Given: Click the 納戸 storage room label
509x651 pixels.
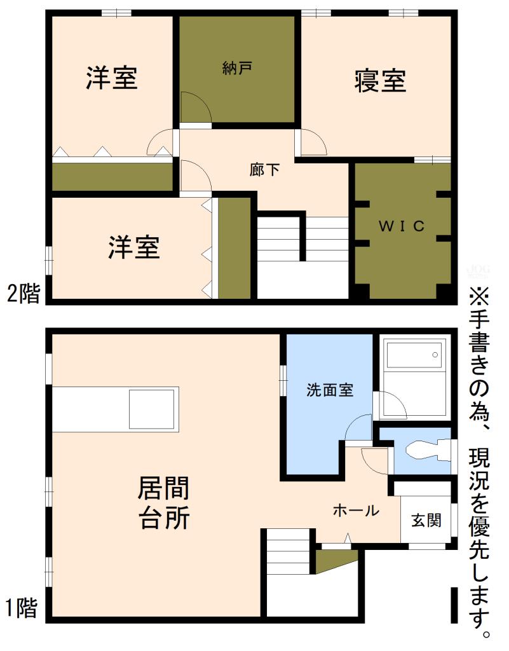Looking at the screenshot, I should click(x=236, y=67).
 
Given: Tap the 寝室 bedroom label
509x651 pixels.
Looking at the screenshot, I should click(x=380, y=81).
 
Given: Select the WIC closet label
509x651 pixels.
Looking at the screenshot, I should click(x=402, y=226).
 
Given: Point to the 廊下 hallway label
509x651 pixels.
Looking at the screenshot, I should click(x=264, y=170).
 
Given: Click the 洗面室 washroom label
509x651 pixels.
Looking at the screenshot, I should click(x=329, y=391).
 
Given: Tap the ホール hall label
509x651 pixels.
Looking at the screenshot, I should click(x=356, y=511).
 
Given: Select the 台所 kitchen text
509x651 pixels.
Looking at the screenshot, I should click(x=163, y=518).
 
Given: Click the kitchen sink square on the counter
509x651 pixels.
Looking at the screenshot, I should click(x=152, y=409).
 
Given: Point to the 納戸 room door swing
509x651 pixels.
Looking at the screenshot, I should click(x=195, y=107).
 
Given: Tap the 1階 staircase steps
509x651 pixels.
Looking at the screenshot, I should click(x=288, y=552).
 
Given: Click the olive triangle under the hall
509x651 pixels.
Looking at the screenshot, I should click(x=333, y=560).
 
